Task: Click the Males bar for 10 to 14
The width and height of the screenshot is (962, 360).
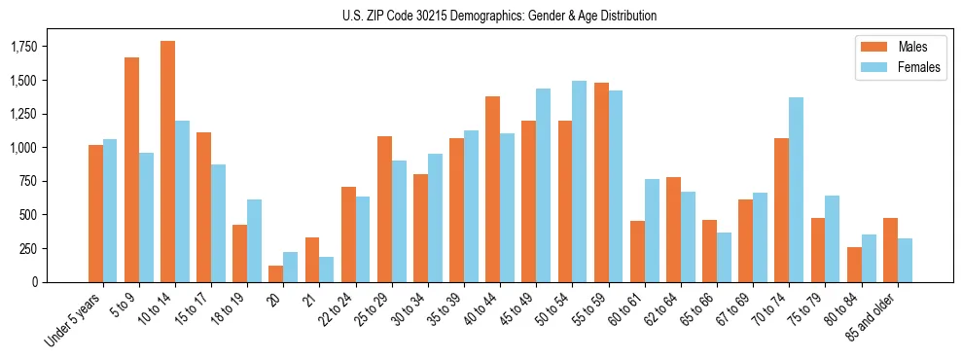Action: click(167, 162)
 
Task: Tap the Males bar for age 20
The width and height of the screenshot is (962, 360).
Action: click(276, 273)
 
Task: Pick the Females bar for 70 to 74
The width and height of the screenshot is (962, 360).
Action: click(796, 190)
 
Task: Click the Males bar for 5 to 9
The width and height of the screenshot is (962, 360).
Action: click(131, 169)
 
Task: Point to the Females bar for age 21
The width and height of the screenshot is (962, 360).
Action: click(327, 270)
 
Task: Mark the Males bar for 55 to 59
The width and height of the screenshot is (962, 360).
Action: click(601, 182)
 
